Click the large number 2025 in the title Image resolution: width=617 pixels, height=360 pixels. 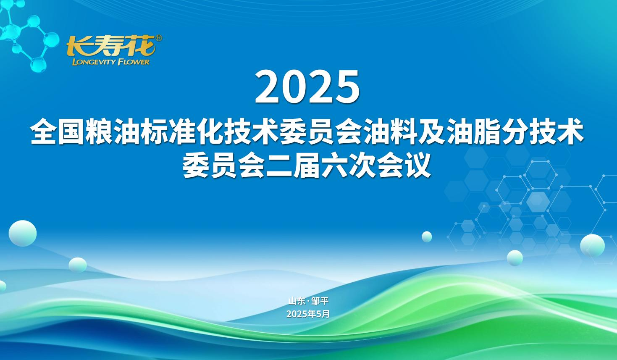pyautogui.click(x=307, y=87)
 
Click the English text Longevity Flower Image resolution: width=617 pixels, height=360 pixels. pyautogui.click(x=111, y=62)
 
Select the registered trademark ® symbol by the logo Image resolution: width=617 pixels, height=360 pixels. pyautogui.click(x=158, y=38)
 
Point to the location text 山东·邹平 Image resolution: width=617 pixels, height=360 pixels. pyautogui.click(x=308, y=301)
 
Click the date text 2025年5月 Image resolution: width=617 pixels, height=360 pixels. pyautogui.click(x=308, y=314)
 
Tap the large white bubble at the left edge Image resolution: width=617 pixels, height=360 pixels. pyautogui.click(x=23, y=233)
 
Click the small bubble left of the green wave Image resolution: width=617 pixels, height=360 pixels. pyautogui.click(x=78, y=265)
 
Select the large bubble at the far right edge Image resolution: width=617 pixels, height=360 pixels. pyautogui.click(x=592, y=246)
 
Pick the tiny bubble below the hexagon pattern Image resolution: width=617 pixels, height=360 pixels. pyautogui.click(x=427, y=236)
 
